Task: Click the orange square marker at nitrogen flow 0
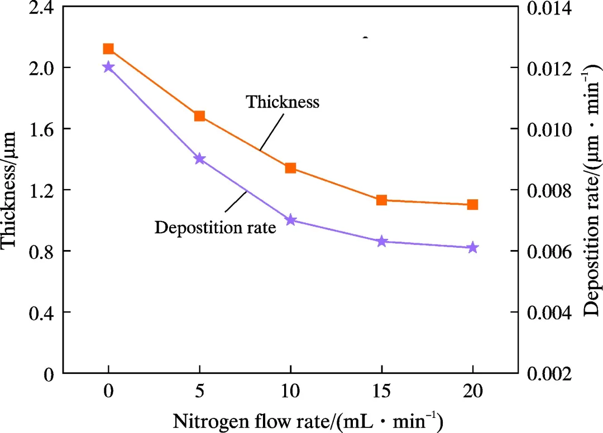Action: [x=108, y=49]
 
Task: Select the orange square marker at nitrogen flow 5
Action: [x=199, y=116]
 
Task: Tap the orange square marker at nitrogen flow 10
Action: [x=290, y=168]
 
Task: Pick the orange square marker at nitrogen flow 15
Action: [x=382, y=200]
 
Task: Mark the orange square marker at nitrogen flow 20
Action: [x=473, y=204]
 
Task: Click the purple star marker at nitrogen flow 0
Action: [x=108, y=67]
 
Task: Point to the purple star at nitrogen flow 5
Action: [x=199, y=159]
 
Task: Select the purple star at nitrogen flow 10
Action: [x=290, y=220]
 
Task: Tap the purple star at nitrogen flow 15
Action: [x=382, y=242]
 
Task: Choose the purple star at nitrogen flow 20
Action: [x=473, y=248]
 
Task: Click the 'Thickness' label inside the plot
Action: [x=283, y=102]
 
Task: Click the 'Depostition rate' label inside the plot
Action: [x=216, y=228]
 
